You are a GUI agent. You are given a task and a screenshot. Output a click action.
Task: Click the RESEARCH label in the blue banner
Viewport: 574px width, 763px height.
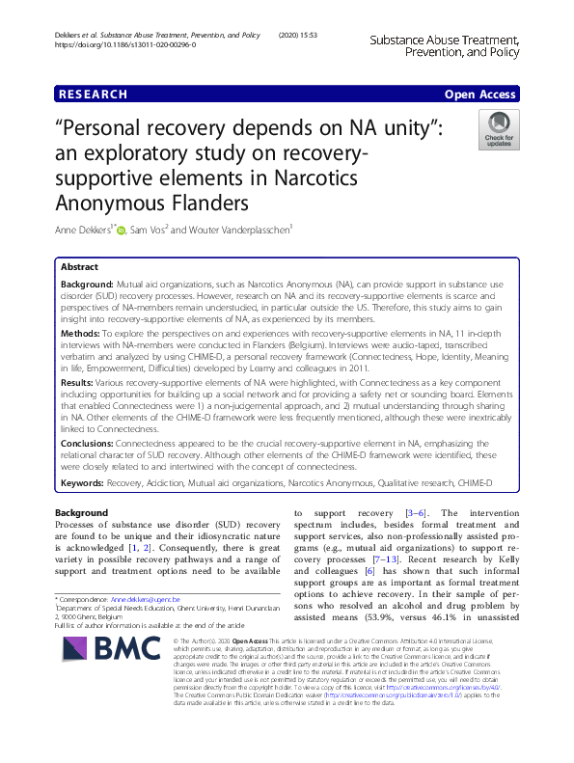click(93, 94)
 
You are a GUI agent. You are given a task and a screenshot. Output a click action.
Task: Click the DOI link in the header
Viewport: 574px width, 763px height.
click(125, 45)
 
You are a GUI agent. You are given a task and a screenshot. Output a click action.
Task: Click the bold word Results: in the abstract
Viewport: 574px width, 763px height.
click(81, 382)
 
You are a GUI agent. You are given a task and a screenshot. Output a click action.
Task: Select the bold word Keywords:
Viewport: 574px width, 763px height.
click(88, 480)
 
